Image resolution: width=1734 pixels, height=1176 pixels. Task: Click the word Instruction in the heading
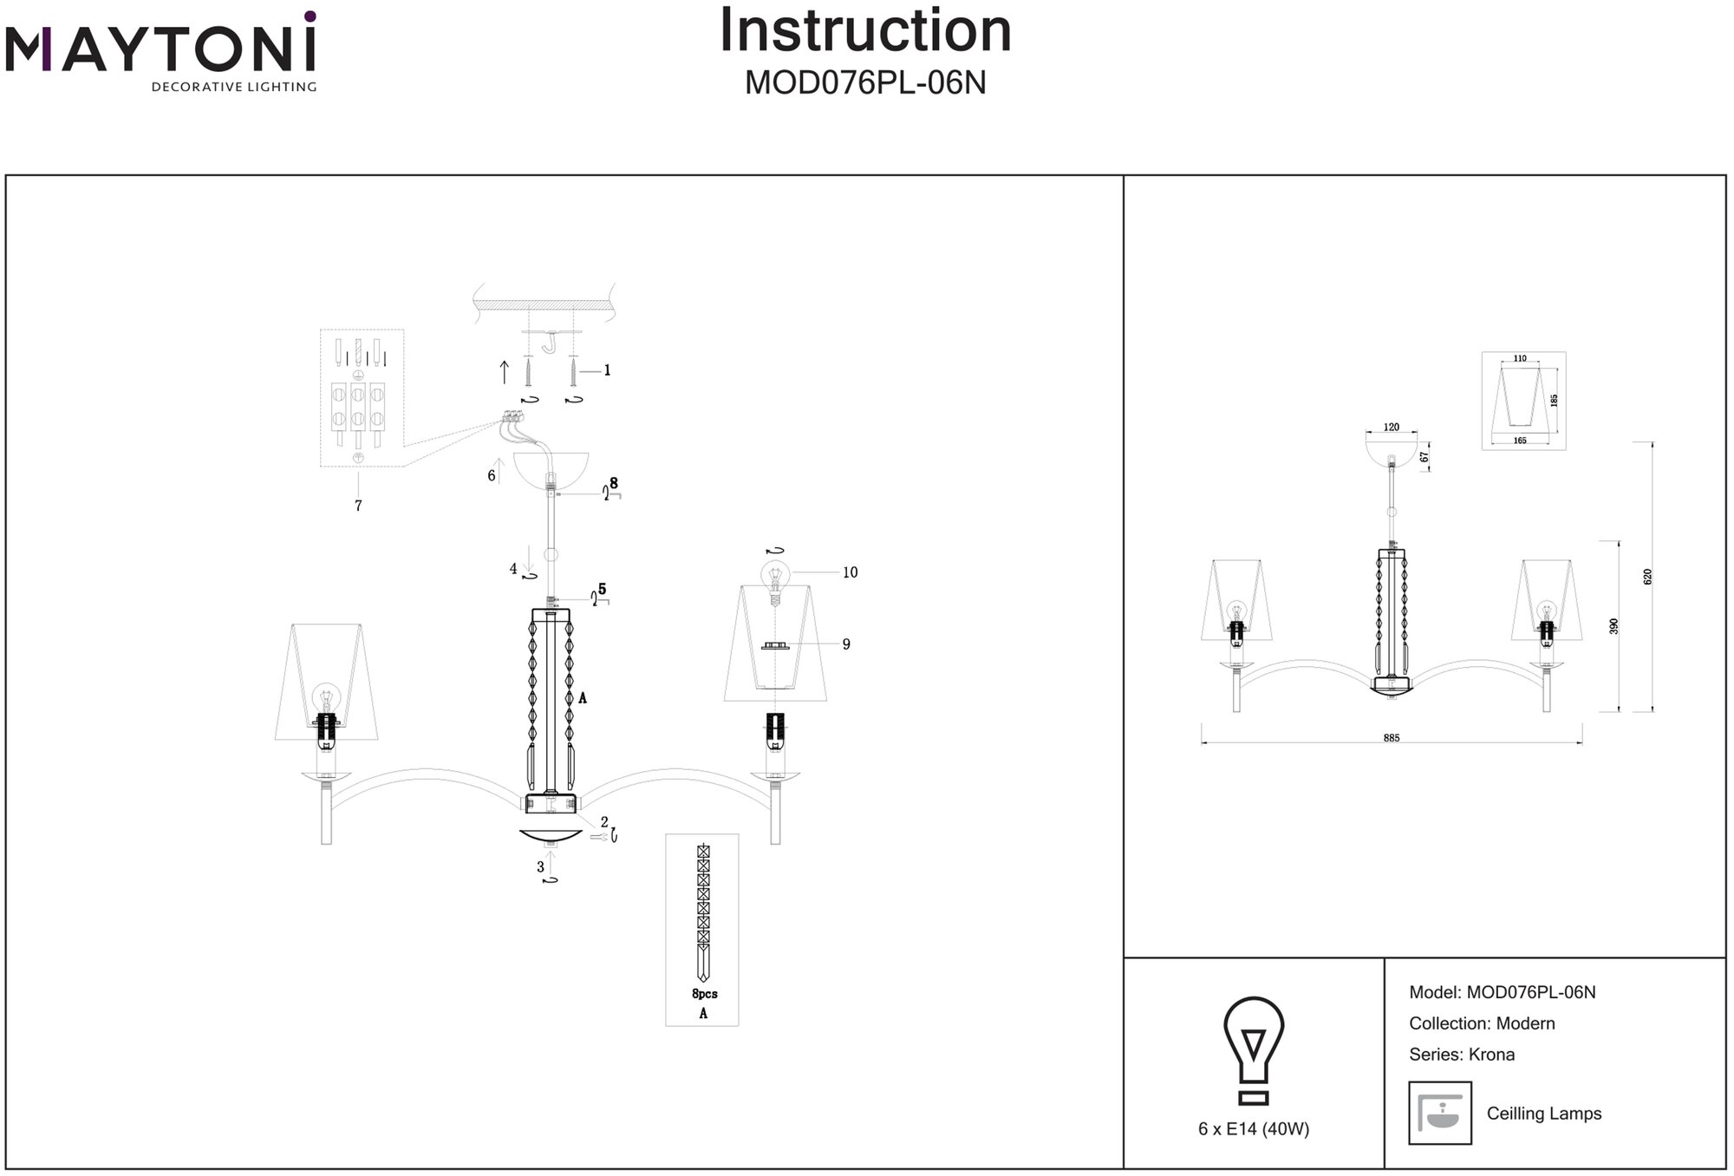click(865, 31)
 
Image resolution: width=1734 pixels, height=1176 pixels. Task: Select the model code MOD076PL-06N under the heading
click(865, 83)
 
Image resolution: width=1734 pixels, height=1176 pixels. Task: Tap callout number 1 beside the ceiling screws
click(607, 370)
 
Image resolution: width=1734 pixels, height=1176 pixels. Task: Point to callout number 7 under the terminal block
click(358, 506)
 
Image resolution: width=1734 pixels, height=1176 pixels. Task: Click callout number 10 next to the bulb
click(850, 572)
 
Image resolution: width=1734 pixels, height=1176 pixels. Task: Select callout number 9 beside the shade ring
click(846, 644)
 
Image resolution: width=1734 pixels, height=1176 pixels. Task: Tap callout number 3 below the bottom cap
click(541, 866)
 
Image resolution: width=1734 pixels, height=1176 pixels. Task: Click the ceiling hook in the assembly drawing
click(550, 343)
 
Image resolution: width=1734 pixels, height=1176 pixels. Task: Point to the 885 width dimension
click(1392, 738)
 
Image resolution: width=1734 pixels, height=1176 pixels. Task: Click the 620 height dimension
click(1648, 577)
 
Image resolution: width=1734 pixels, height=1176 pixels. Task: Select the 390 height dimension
click(1613, 626)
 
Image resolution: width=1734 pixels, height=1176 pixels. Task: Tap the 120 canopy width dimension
click(1391, 427)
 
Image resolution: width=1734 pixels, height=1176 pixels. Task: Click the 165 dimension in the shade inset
click(1520, 441)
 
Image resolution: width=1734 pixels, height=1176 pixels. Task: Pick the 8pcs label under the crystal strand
click(704, 994)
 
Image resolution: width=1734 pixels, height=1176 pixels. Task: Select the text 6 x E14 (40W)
click(1254, 1129)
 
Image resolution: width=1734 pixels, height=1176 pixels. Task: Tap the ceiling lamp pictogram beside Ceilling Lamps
click(1440, 1113)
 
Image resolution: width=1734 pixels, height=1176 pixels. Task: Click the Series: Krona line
click(1462, 1055)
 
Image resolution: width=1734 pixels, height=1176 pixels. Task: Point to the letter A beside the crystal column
click(583, 697)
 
